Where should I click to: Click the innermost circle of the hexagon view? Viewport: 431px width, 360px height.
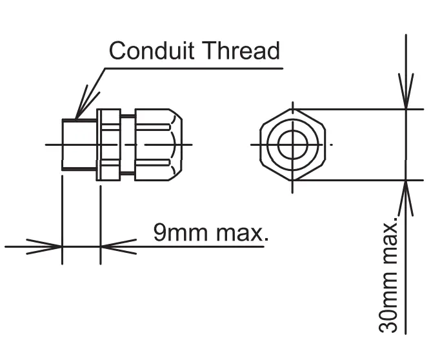click(x=292, y=145)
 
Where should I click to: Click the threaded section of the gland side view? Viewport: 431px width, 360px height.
click(x=78, y=145)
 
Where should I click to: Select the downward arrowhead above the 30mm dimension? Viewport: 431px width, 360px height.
click(x=406, y=97)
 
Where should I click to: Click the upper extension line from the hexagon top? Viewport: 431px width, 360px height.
click(x=355, y=109)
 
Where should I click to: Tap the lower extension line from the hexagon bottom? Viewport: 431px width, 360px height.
click(x=355, y=181)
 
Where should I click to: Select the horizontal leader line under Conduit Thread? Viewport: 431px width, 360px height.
click(x=194, y=65)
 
